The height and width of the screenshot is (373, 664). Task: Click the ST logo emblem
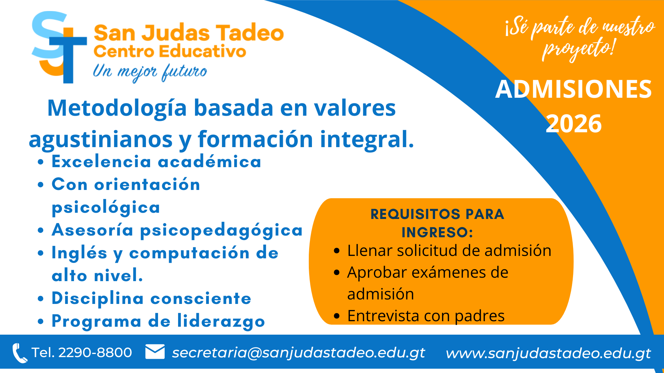coord(59,47)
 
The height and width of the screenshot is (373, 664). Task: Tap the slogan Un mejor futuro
coord(150,72)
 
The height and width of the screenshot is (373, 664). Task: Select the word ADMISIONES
coord(573,89)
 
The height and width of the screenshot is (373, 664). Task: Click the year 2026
coord(574,124)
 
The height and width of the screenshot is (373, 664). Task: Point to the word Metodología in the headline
coord(117,108)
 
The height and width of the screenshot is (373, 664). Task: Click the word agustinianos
coord(101,140)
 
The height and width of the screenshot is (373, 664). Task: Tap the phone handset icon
coord(20,353)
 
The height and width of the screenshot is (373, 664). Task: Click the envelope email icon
coord(155,352)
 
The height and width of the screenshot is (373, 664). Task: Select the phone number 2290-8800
coord(95,353)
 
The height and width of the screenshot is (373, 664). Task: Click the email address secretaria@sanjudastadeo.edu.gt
coord(298,353)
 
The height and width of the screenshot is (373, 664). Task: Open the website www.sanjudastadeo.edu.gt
coord(548,353)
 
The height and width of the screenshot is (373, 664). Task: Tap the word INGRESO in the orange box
coord(435,232)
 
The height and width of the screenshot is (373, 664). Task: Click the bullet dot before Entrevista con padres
coord(337,316)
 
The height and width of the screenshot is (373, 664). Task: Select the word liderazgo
coord(221,322)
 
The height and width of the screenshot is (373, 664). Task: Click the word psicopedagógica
coord(221,231)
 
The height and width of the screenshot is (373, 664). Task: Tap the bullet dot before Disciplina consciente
coord(41,299)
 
